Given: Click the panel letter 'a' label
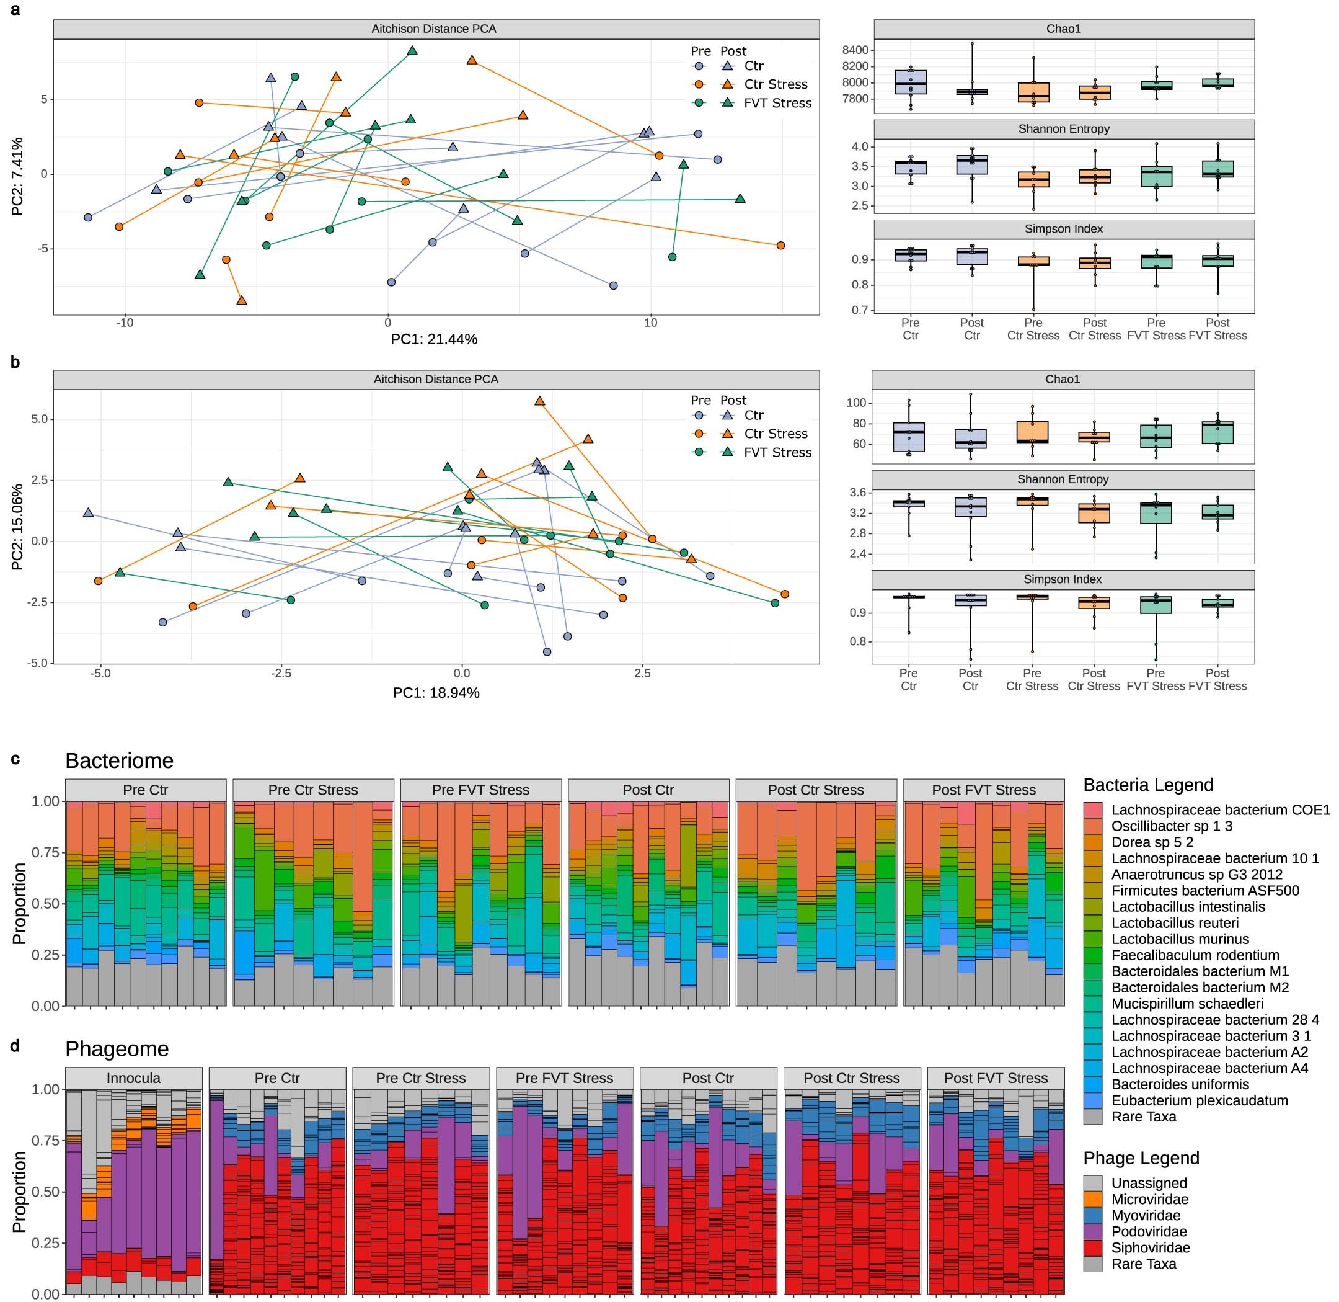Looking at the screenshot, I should (15, 11).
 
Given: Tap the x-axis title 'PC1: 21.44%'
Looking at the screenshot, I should (433, 339).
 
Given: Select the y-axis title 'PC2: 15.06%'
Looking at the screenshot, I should (18, 527).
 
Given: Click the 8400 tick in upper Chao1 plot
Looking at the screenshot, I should (855, 50).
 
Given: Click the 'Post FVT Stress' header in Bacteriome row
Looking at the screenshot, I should (983, 790).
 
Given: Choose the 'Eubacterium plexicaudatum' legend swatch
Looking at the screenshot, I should (1093, 1100).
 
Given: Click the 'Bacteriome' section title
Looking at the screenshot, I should (119, 760).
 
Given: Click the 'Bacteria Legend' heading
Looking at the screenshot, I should (1147, 785).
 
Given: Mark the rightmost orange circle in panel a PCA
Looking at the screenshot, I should (780, 246).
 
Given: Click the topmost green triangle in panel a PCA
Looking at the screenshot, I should (412, 51).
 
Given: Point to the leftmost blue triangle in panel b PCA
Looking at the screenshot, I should (88, 513).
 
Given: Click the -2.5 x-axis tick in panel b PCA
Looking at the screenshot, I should (281, 673).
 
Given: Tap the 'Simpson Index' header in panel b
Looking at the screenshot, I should (1062, 579).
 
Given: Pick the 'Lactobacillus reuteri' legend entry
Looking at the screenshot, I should (1174, 922).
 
